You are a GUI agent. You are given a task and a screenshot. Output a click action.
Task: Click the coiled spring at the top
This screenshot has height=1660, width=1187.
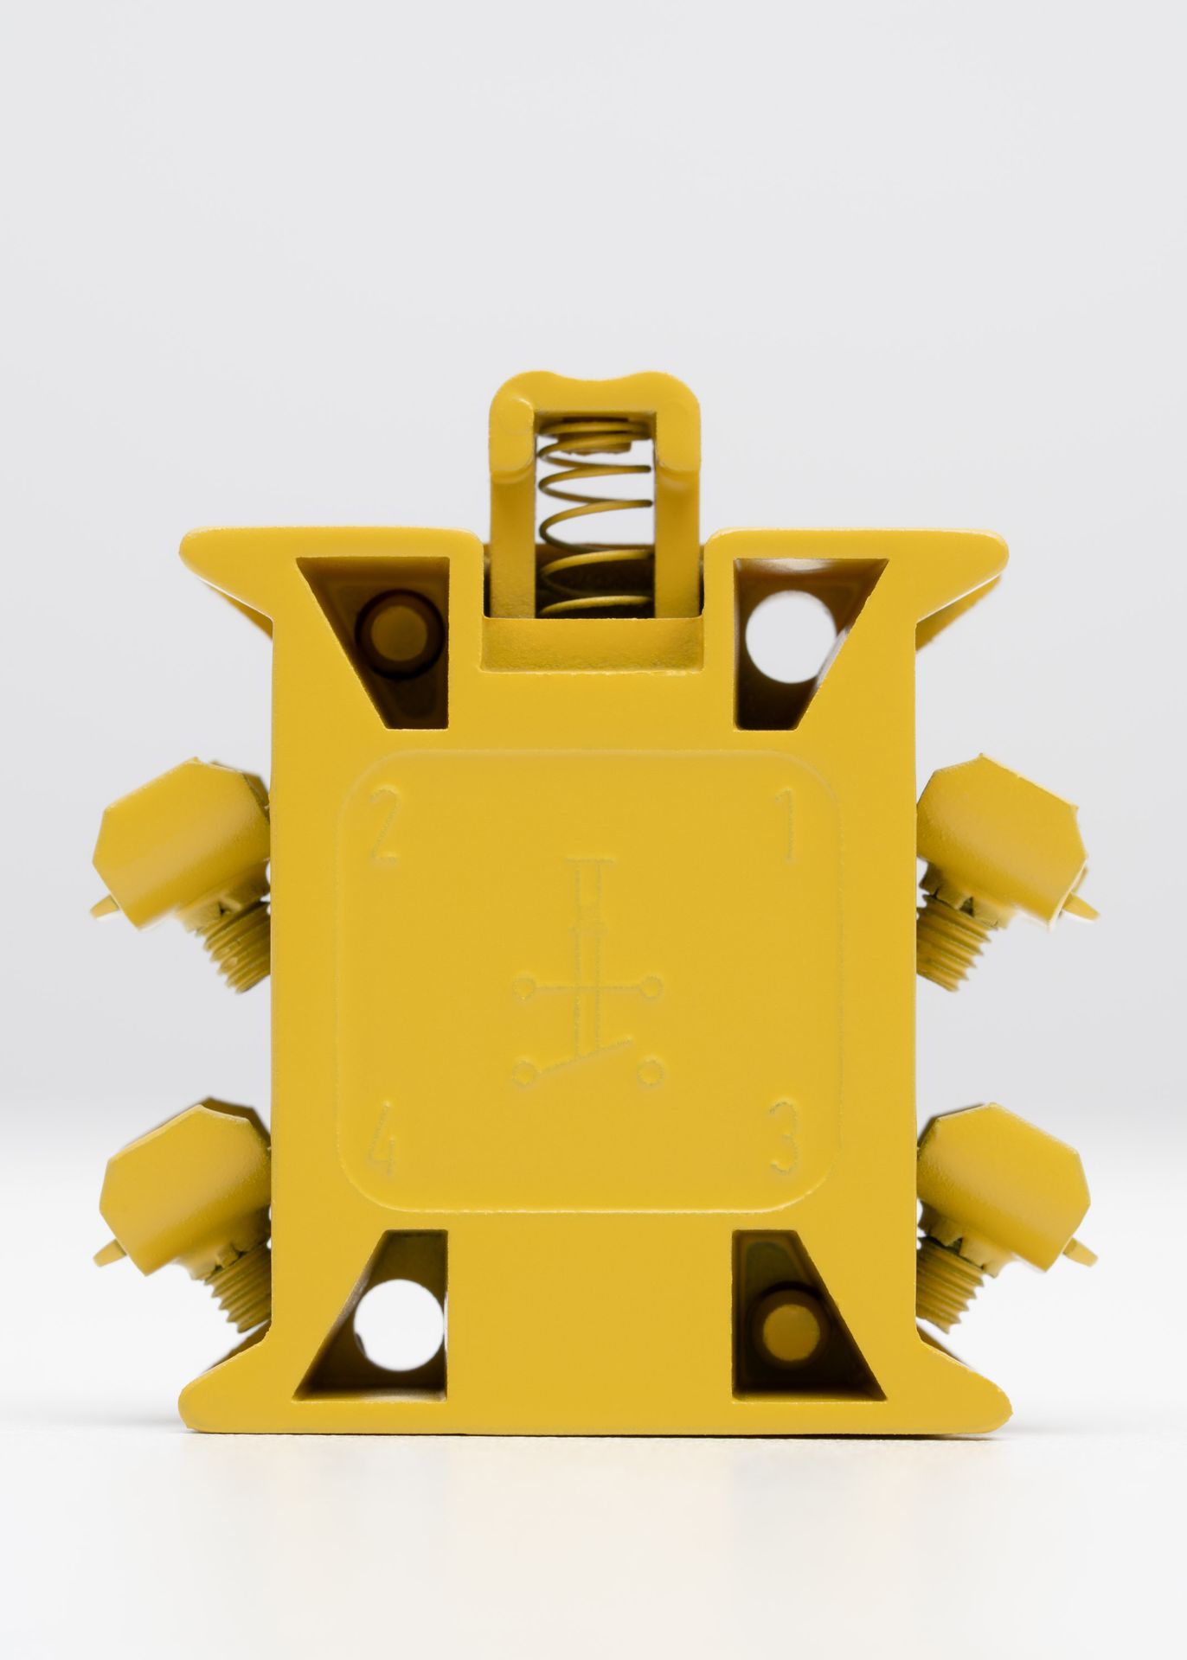pyautogui.click(x=593, y=519)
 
